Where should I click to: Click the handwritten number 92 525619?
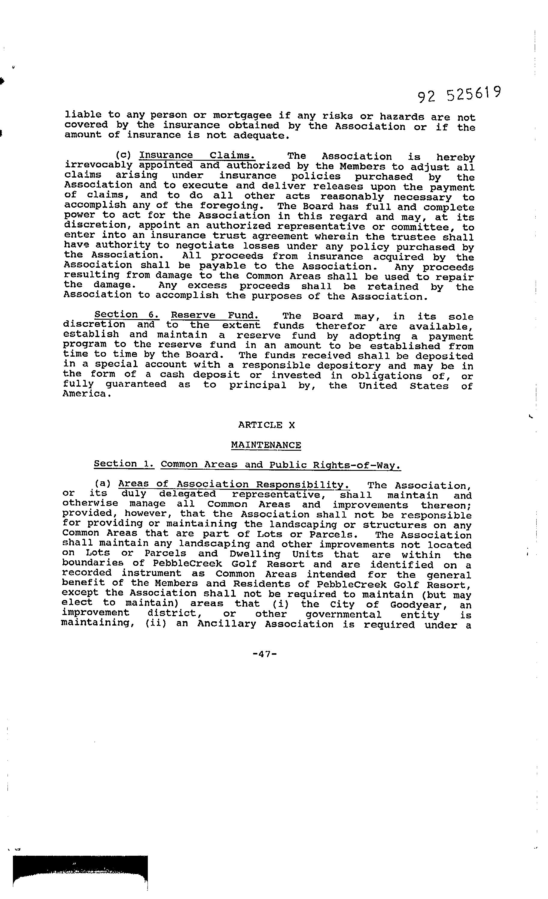tap(459, 95)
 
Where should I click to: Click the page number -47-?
tap(265, 654)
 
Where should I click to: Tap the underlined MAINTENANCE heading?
tap(266, 445)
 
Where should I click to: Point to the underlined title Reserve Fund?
tap(215, 315)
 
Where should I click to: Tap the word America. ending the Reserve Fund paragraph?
tap(87, 394)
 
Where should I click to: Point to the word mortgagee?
tap(242, 116)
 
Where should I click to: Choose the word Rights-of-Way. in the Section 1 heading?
tap(357, 465)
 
